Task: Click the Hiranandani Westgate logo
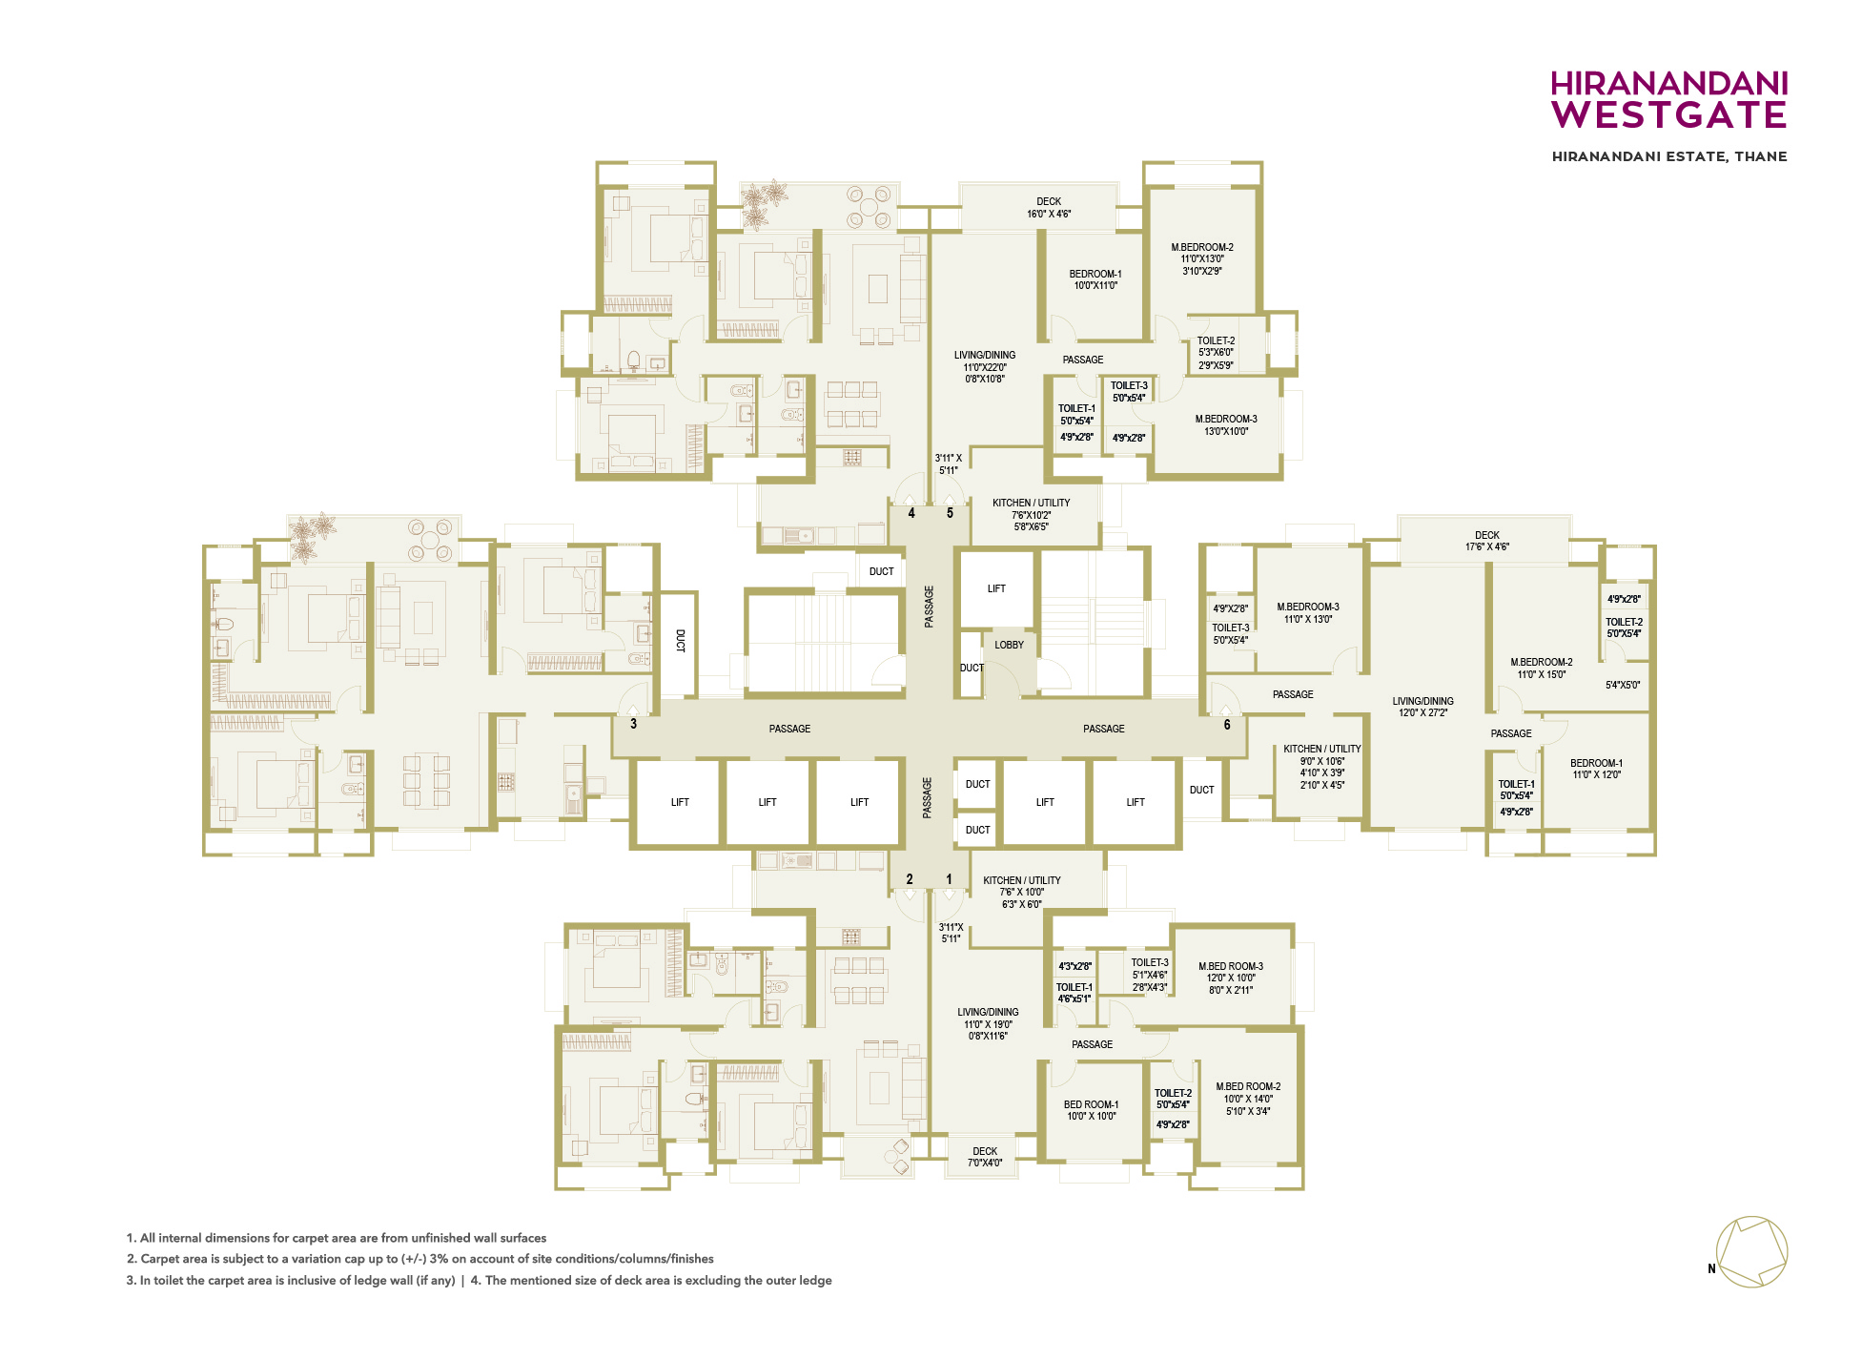coord(1668,99)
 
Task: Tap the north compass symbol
coord(1750,1252)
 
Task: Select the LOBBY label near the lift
coord(1009,645)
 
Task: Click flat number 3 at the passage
coord(633,724)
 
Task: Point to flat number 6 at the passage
coord(1227,725)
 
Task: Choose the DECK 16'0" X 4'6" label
coord(1049,208)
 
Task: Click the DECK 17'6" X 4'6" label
coord(1487,541)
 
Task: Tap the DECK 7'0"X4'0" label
coord(985,1157)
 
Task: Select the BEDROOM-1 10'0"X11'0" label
coord(1095,279)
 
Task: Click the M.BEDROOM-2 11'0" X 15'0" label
coord(1542,669)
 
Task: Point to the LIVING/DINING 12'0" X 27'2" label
coord(1422,707)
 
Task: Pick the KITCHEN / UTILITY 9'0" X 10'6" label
coord(1322,767)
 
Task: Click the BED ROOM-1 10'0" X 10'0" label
coord(1092,1110)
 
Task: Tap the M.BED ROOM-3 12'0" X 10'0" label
coord(1231,978)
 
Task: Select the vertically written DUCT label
coord(681,640)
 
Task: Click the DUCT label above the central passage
coord(882,572)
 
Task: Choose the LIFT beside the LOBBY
coord(996,588)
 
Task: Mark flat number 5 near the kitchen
coord(950,513)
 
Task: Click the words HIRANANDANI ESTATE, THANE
coord(1669,156)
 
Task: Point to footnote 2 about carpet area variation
coord(420,1259)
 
